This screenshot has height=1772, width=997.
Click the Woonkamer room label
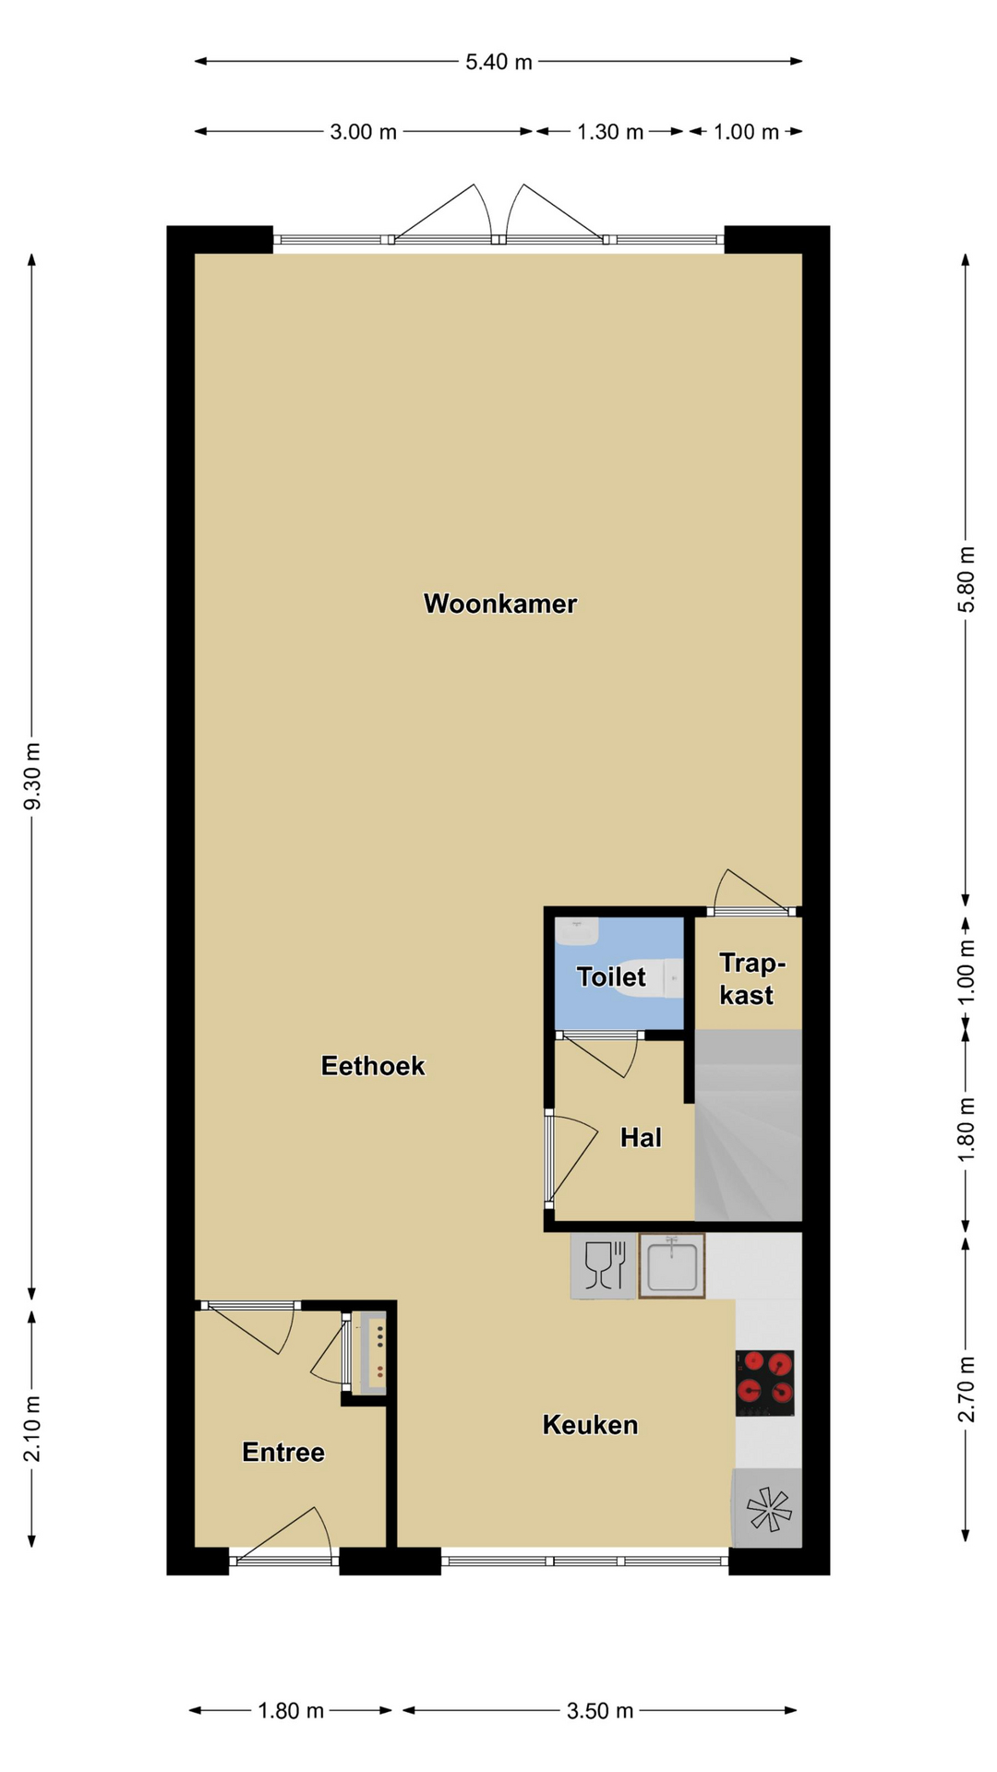tap(500, 604)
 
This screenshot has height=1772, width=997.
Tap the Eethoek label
tap(373, 1066)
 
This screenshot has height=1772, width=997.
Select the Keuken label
tap(590, 1425)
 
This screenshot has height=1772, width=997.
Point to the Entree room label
tap(283, 1453)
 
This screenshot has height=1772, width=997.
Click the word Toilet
tap(611, 976)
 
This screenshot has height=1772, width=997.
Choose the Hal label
tap(641, 1137)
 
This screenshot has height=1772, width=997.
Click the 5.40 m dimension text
tap(498, 62)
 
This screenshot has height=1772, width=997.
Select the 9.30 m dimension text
tap(32, 776)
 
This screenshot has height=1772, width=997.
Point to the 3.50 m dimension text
tap(600, 1711)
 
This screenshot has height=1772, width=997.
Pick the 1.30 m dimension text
tap(610, 132)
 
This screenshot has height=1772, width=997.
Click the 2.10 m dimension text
tap(32, 1429)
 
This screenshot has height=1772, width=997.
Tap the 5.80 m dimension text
tap(966, 580)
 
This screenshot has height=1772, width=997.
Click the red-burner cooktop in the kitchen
tap(765, 1383)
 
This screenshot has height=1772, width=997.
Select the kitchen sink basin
tap(672, 1266)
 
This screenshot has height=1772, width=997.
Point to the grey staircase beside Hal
tap(748, 1125)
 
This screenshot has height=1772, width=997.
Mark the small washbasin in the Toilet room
tap(577, 930)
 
